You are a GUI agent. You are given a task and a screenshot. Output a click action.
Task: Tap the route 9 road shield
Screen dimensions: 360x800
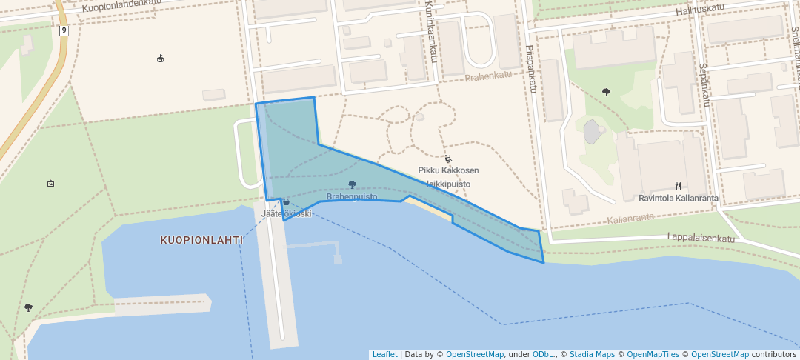(64, 30)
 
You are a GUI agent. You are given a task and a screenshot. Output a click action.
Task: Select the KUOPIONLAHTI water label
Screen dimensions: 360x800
(201, 240)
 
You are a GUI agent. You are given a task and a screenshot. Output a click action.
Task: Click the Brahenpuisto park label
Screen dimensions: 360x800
(352, 197)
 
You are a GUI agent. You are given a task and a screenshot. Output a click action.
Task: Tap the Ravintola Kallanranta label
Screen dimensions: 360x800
(678, 198)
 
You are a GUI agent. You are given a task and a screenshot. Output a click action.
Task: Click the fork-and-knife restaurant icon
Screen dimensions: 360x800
(678, 186)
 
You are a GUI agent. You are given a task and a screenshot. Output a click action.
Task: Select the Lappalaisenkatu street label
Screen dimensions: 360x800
(700, 239)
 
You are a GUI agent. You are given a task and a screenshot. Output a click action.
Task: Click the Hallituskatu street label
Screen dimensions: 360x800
(699, 8)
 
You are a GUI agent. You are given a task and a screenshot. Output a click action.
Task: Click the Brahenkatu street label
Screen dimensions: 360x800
(488, 76)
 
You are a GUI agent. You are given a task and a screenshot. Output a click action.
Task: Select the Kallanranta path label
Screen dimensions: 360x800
(630, 219)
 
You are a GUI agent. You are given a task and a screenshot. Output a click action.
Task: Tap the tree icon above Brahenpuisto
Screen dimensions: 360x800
(352, 185)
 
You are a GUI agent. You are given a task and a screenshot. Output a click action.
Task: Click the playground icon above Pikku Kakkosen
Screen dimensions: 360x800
(447, 159)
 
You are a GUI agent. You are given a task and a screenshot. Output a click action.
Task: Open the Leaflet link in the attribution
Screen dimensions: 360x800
(384, 354)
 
